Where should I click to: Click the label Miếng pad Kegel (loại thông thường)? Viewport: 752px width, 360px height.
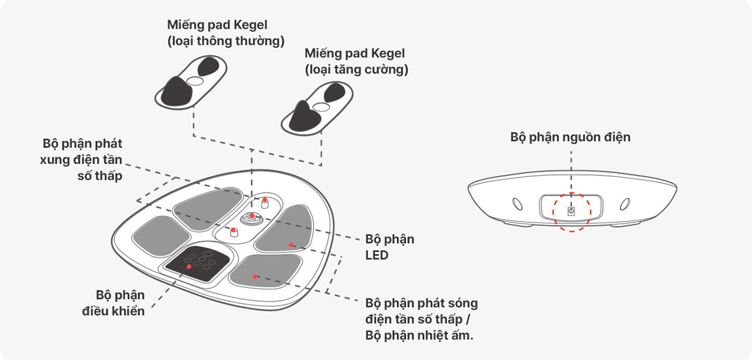click(226, 33)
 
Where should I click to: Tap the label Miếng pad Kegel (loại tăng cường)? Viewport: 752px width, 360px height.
click(356, 61)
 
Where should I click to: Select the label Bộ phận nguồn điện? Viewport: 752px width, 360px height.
click(570, 137)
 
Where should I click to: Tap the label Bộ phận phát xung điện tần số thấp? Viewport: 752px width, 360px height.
click(82, 160)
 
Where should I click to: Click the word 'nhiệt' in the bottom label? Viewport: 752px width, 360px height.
click(440, 336)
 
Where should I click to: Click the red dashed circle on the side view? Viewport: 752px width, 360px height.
click(572, 212)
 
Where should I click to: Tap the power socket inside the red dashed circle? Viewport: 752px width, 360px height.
click(572, 211)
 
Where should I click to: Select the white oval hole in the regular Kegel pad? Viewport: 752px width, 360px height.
click(194, 81)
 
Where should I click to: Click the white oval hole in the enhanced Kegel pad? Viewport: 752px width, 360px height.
click(321, 107)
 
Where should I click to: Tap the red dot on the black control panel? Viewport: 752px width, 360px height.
click(189, 267)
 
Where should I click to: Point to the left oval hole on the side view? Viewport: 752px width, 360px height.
click(517, 204)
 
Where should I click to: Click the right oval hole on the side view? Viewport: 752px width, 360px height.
click(624, 204)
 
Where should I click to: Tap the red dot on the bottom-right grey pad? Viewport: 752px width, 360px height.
click(255, 276)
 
